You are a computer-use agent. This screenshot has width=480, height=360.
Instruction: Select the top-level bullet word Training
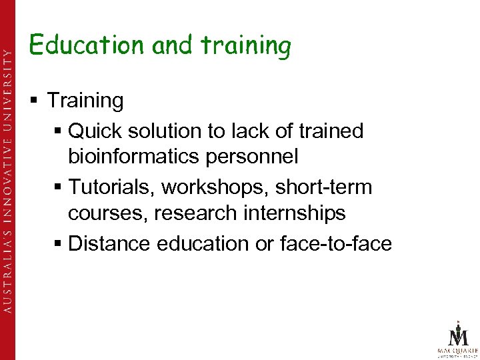coord(85,101)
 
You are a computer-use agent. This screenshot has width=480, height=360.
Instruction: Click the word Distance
coord(109,243)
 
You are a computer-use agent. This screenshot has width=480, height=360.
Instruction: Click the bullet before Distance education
coord(57,244)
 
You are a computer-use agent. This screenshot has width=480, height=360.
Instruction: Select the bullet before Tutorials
coord(57,188)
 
